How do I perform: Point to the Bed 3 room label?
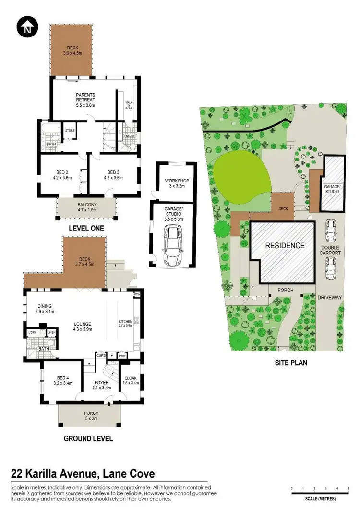coord(113,175)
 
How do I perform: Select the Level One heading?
coord(86,229)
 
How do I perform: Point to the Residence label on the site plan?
coord(286,245)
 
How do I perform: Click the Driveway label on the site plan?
coord(330,298)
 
